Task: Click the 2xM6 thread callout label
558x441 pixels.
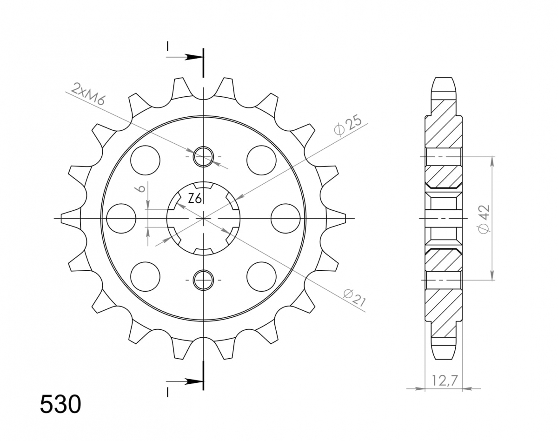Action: click(87, 94)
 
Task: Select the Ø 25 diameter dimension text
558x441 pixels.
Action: click(348, 127)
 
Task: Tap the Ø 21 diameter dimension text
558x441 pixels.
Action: click(354, 299)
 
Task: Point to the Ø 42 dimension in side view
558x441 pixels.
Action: click(483, 219)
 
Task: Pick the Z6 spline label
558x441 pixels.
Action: click(194, 199)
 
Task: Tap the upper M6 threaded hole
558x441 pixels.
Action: click(203, 156)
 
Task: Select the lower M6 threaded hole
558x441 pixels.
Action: click(203, 280)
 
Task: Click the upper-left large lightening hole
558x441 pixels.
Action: click(145, 160)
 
